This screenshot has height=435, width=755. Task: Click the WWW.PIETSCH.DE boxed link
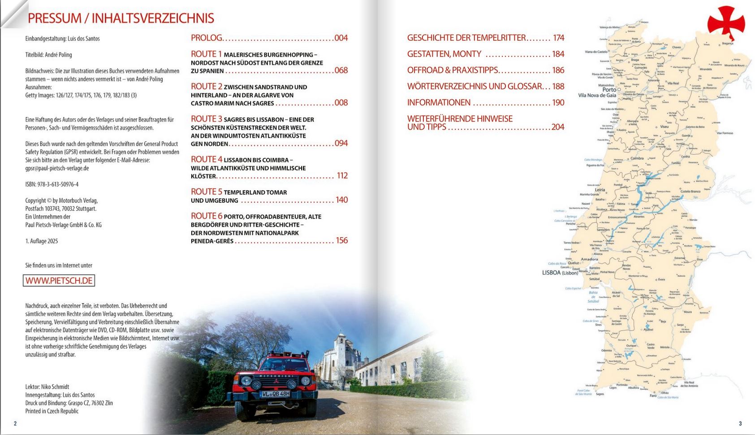click(x=59, y=281)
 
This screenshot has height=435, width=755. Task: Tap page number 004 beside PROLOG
click(x=341, y=38)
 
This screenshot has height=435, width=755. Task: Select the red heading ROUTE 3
click(x=207, y=119)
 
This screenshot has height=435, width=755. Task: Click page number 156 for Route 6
click(x=342, y=240)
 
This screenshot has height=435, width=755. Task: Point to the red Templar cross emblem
click(x=726, y=22)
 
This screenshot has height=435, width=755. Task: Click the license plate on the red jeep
click(x=275, y=394)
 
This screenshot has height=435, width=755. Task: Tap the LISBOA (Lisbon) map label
click(x=560, y=273)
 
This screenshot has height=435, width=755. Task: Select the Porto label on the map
click(x=609, y=90)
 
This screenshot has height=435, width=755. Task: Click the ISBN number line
click(x=52, y=184)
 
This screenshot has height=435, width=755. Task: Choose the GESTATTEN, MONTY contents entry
click(x=444, y=54)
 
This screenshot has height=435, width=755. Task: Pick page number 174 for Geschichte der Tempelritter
click(x=558, y=38)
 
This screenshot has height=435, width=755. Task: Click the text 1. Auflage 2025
click(x=42, y=241)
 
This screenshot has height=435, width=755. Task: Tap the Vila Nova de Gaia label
click(x=597, y=96)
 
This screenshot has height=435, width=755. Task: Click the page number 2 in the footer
click(x=15, y=423)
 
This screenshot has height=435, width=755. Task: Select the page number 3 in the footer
click(x=740, y=423)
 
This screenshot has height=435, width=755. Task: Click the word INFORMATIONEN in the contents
click(x=439, y=103)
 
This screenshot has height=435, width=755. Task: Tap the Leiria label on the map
click(x=600, y=190)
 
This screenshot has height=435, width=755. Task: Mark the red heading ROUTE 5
click(x=207, y=191)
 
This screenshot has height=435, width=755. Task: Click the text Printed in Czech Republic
click(x=52, y=411)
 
